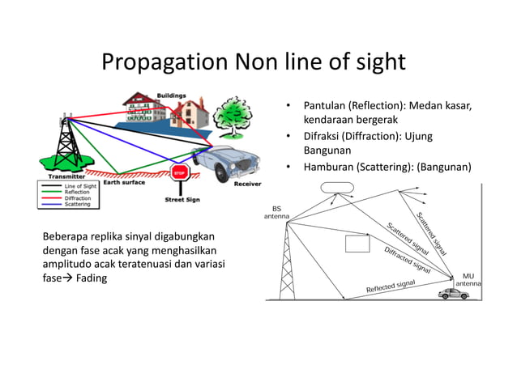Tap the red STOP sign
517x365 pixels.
tap(179, 172)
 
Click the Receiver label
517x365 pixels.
tap(246, 184)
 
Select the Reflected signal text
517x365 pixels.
tap(391, 286)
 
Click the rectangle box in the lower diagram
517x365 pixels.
tap(357, 244)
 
